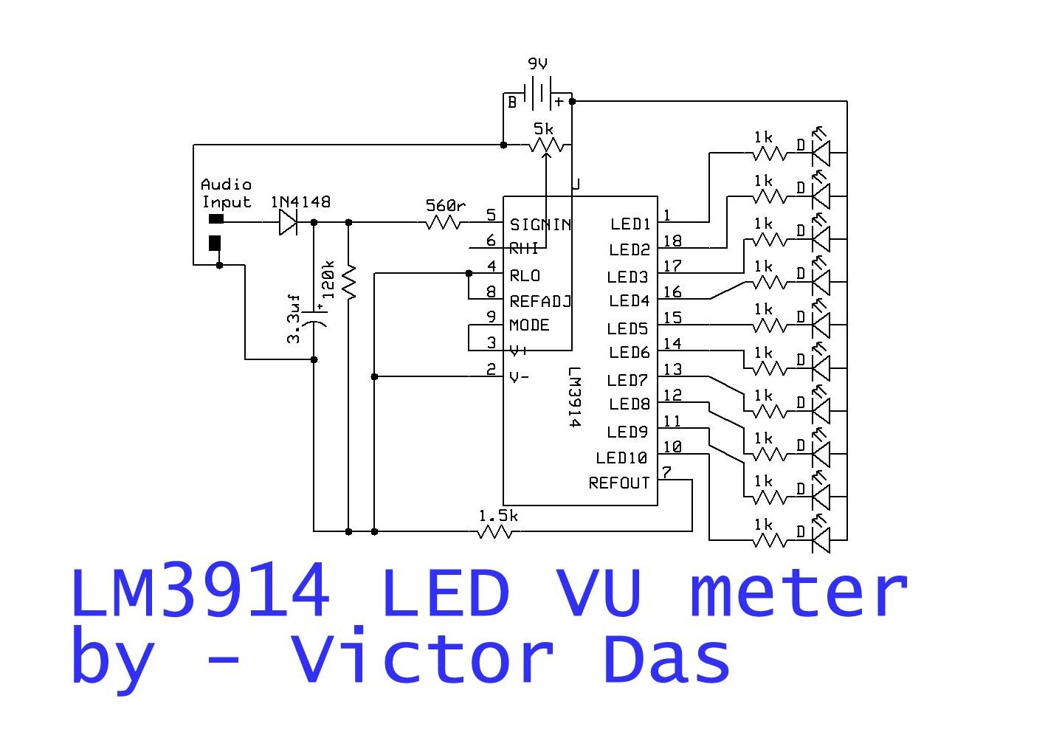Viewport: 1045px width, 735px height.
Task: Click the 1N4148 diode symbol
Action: point(289,221)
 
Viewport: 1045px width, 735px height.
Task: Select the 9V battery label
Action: point(537,64)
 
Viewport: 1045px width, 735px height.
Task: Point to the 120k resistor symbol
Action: point(349,280)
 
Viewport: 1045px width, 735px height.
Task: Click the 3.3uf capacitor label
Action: point(294,318)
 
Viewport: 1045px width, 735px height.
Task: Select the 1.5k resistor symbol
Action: point(495,531)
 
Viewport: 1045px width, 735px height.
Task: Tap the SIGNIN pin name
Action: point(540,224)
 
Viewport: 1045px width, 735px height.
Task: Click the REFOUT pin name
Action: point(618,483)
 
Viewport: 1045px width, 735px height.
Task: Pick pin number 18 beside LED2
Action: point(672,241)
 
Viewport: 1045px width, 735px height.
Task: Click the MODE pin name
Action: point(529,325)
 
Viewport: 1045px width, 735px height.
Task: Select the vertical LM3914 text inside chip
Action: point(575,398)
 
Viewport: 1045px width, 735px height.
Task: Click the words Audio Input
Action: point(227,193)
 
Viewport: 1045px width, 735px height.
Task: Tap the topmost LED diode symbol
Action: point(820,153)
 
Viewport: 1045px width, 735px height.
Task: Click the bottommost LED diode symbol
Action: point(820,539)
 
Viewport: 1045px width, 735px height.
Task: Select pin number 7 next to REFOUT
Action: point(666,472)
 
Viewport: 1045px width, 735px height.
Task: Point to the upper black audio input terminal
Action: point(215,218)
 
